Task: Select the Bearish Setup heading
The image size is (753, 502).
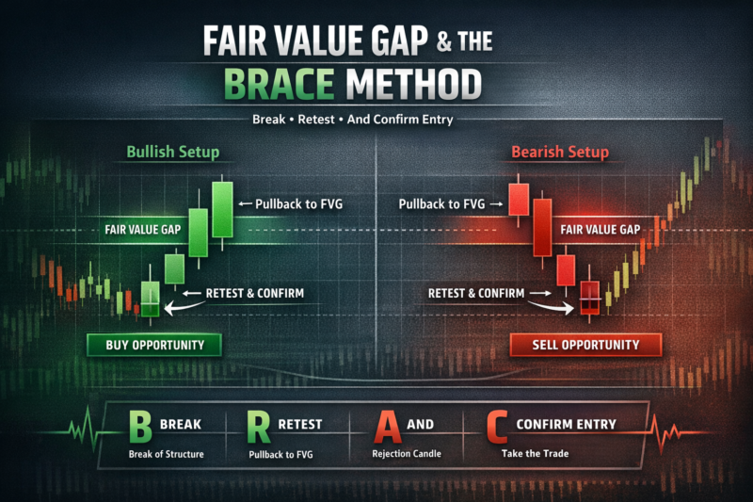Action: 560,152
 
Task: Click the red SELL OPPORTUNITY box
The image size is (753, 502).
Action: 574,345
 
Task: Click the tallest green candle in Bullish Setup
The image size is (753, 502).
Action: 222,209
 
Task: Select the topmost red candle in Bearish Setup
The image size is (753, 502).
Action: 517,199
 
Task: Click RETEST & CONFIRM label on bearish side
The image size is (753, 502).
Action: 477,293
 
